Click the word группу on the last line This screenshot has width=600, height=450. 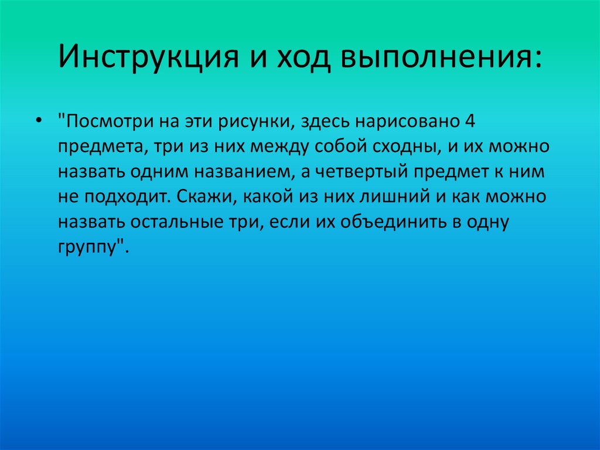(90, 248)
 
